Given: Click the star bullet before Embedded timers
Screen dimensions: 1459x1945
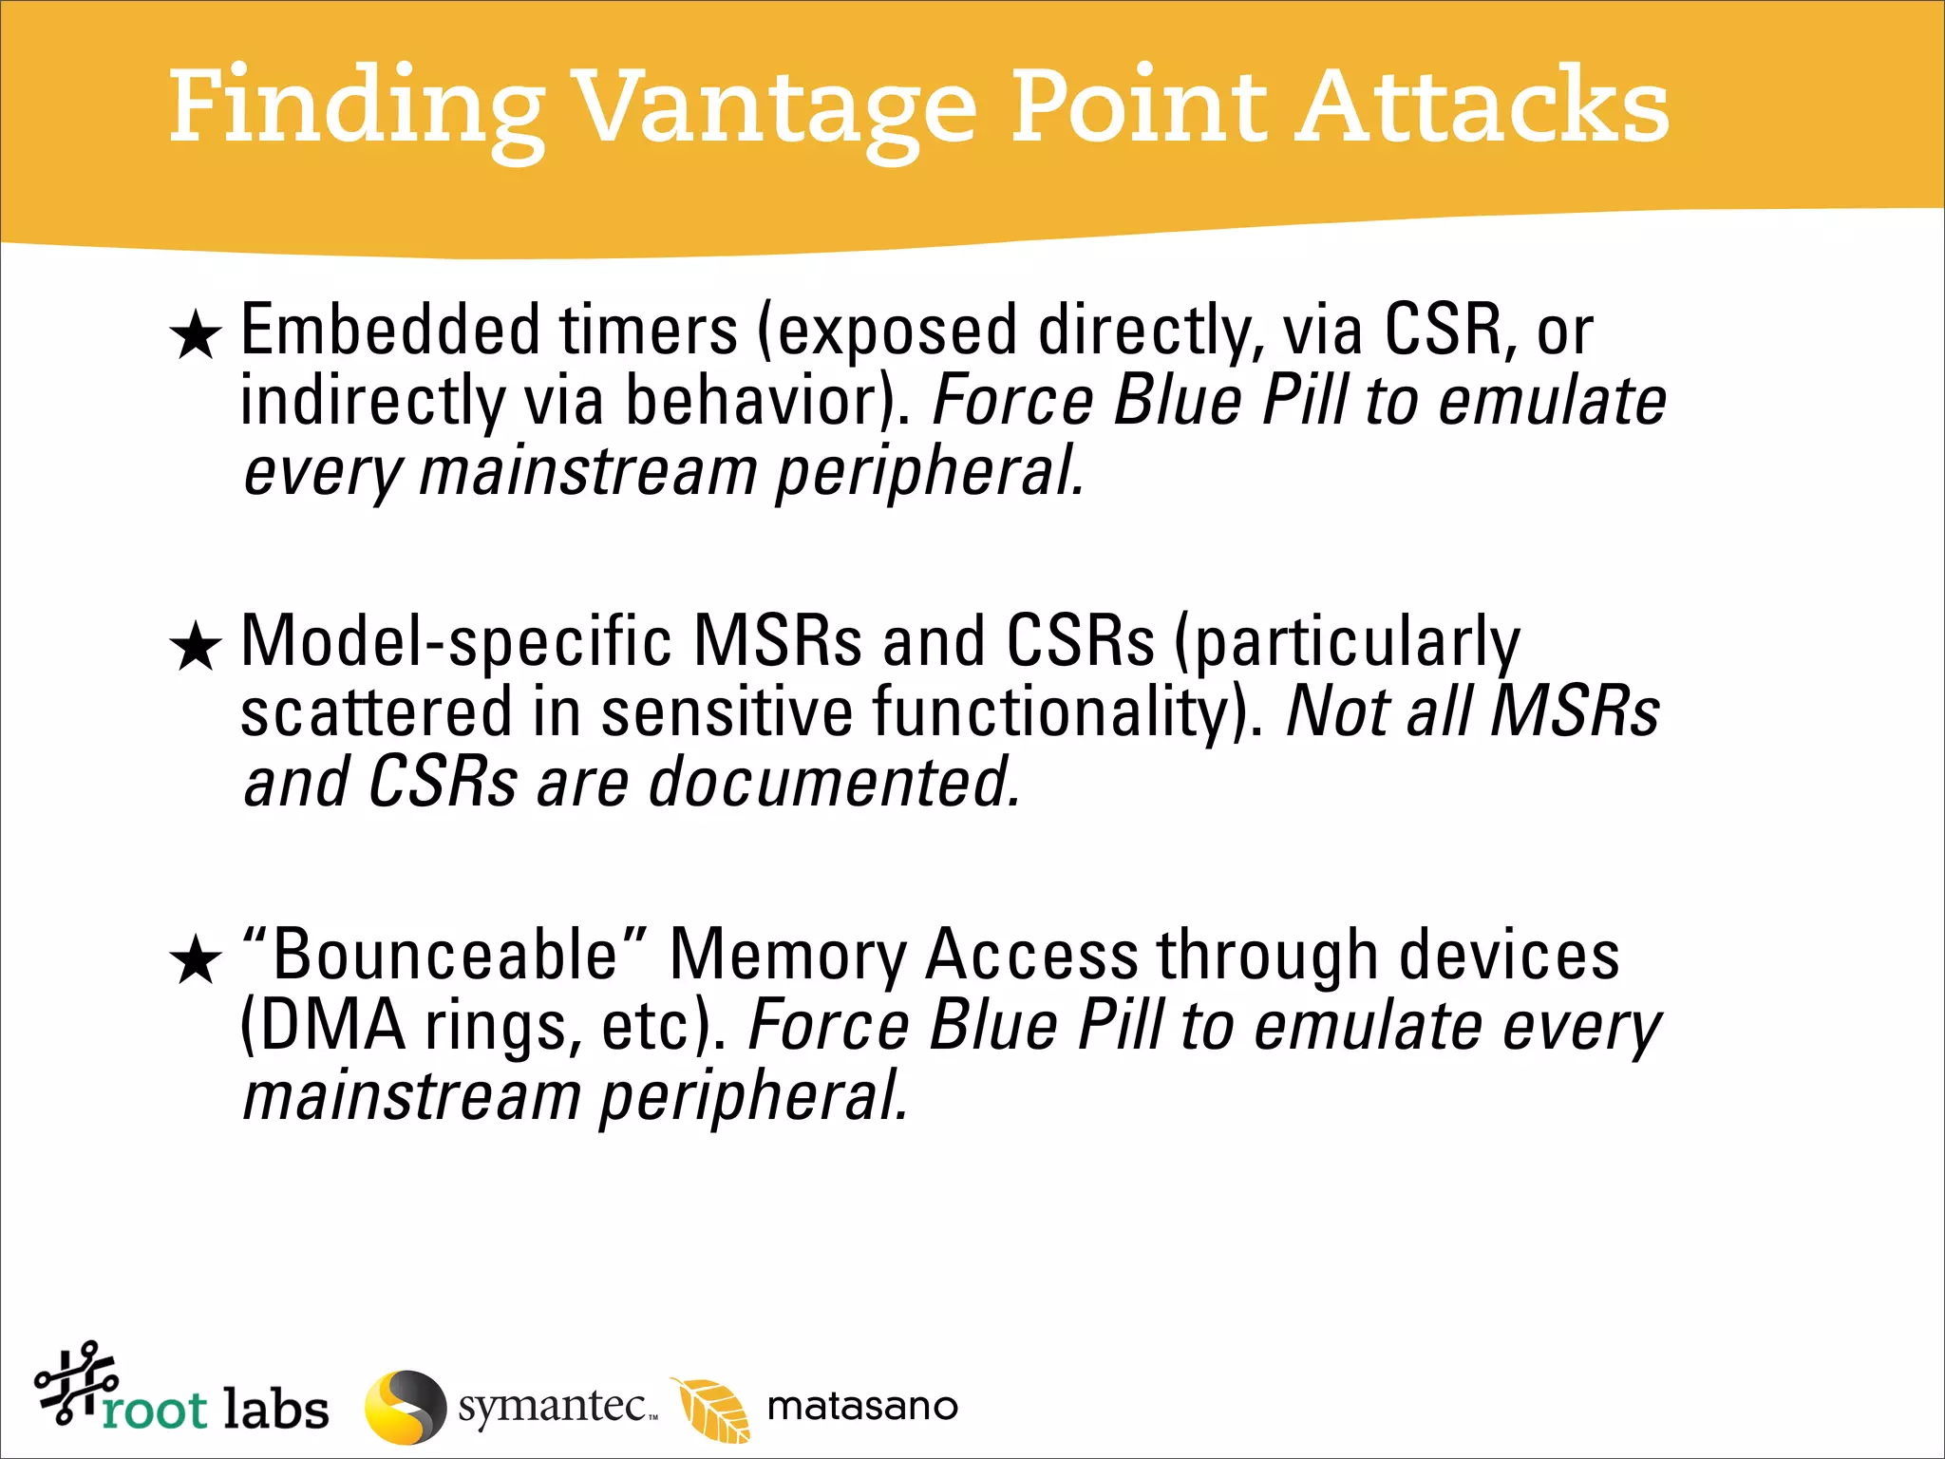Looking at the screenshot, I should pos(196,334).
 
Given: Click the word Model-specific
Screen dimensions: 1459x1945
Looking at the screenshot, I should pos(456,642).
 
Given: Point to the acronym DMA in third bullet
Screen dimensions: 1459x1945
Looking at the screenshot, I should pos(323,1026).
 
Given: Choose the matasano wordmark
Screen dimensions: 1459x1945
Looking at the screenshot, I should pos(862,1406).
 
